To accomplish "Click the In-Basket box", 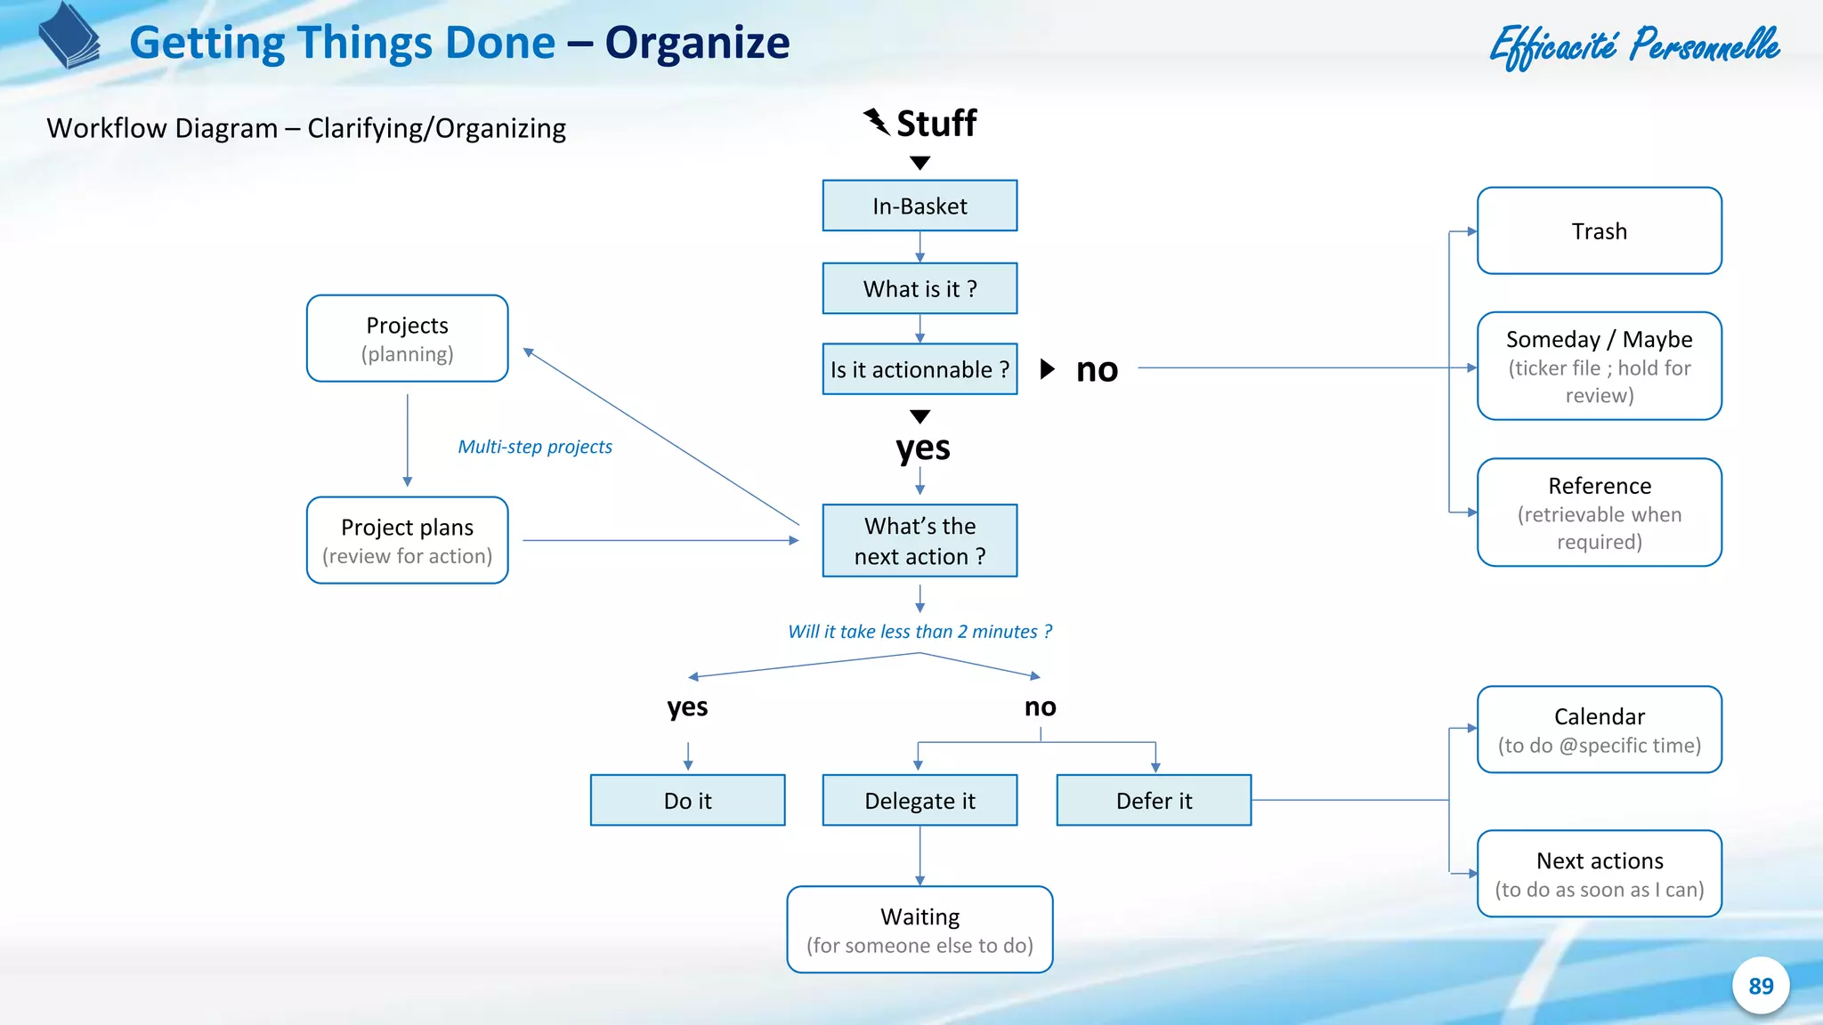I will [920, 206].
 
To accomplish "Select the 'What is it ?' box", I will [920, 288].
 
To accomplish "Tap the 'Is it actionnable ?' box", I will [920, 368].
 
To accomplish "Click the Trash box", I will [1599, 230].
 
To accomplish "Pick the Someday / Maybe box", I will [1599, 366].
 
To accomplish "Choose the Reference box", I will [1599, 512].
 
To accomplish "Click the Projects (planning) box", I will [407, 338].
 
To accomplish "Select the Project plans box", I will [407, 540].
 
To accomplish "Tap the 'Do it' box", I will [687, 800].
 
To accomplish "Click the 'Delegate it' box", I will [920, 800].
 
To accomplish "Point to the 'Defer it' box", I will [1154, 800].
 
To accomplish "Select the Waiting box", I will [920, 929].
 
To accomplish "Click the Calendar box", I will [1599, 730].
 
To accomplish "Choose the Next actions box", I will [1599, 874].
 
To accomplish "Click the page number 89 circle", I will [1760, 986].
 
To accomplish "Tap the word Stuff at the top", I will [936, 123].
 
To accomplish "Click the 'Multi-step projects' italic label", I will [535, 447].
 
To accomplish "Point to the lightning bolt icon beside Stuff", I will [877, 122].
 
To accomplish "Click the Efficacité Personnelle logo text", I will [1634, 46].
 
